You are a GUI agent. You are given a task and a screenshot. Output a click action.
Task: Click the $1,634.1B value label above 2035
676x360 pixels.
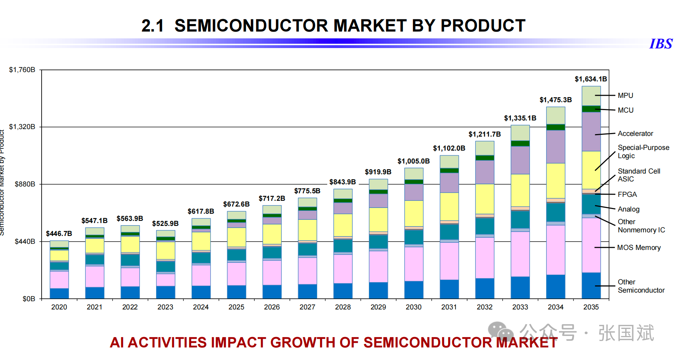click(591, 79)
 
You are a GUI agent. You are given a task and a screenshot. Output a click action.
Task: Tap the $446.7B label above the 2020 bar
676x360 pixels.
click(59, 234)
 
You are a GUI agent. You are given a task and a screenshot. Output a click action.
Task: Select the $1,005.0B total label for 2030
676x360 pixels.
click(413, 161)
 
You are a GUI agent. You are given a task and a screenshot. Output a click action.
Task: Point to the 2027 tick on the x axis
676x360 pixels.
click(307, 307)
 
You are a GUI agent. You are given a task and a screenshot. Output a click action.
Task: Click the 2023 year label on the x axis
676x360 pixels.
click(165, 307)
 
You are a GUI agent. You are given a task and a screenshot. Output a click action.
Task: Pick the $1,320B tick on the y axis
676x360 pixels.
click(22, 127)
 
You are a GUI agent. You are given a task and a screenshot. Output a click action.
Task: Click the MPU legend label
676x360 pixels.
click(625, 96)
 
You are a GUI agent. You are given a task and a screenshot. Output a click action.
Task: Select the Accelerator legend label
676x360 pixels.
click(635, 134)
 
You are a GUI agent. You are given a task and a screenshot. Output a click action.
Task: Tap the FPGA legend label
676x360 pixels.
click(627, 195)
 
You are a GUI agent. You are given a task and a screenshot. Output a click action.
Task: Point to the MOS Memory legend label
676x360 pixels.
click(639, 248)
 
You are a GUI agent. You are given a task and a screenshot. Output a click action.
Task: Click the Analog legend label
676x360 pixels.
click(628, 209)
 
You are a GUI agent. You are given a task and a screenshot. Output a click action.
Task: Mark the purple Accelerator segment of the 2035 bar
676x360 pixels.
click(591, 131)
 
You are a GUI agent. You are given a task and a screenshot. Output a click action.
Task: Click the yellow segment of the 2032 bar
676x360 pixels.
click(484, 199)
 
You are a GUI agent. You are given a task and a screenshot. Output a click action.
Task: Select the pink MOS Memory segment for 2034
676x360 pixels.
click(555, 250)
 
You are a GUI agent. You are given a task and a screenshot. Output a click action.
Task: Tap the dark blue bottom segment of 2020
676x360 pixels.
click(59, 293)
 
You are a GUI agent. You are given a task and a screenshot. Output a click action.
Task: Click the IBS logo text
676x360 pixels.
click(661, 44)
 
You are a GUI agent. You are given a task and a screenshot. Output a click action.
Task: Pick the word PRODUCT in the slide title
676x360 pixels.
click(483, 26)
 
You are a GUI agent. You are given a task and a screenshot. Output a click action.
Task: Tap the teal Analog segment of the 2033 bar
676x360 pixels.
click(520, 219)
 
